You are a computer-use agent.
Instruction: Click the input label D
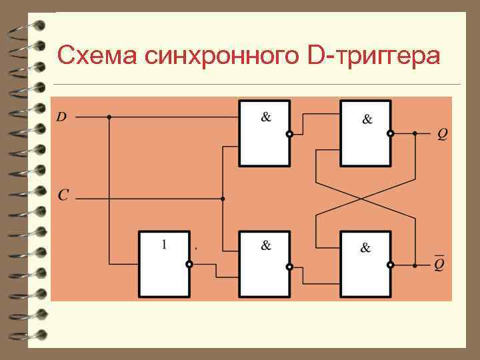(x=61, y=117)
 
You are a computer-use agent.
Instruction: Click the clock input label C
(x=63, y=195)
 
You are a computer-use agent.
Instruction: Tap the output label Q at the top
(x=443, y=135)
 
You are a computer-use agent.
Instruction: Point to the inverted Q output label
(x=440, y=264)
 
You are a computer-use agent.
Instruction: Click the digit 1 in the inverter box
(x=164, y=245)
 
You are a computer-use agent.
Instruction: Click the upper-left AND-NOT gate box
(x=265, y=133)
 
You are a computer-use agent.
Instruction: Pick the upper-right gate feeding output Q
(x=365, y=133)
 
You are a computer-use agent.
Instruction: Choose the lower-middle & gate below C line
(x=265, y=263)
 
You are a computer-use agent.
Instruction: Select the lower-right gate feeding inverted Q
(x=365, y=263)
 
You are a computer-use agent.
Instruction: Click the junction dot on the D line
(x=109, y=117)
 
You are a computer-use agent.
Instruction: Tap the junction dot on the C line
(x=223, y=199)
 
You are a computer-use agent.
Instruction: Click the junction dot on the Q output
(x=415, y=133)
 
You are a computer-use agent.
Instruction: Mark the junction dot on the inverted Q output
(x=415, y=265)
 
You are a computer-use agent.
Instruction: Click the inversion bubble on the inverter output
(x=189, y=265)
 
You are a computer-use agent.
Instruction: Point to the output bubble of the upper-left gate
(x=289, y=134)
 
